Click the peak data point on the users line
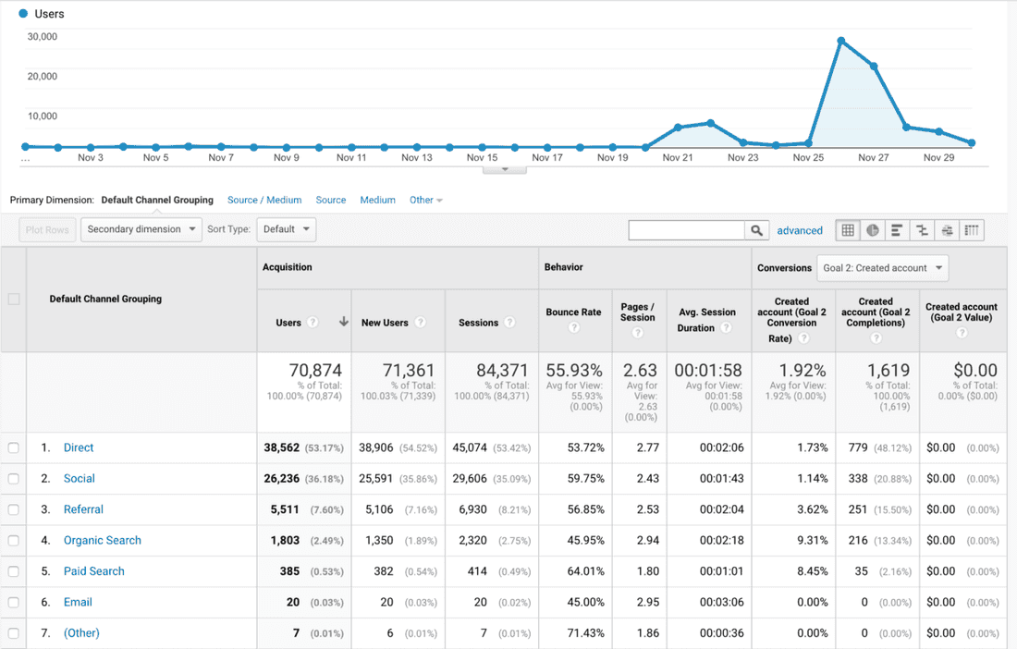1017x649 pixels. [840, 41]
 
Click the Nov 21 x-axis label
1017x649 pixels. [678, 158]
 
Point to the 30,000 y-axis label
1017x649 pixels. [43, 37]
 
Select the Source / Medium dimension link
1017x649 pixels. [264, 200]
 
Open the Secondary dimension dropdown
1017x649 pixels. [141, 229]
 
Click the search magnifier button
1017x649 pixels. [757, 230]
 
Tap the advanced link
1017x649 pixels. [800, 230]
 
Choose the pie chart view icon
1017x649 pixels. [872, 230]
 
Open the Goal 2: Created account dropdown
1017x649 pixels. [883, 268]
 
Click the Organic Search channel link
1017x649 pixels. [102, 540]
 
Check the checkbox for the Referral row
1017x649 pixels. [13, 509]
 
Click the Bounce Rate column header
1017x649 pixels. [573, 312]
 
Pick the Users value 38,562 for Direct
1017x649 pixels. [281, 447]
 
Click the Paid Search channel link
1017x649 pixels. [93, 571]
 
